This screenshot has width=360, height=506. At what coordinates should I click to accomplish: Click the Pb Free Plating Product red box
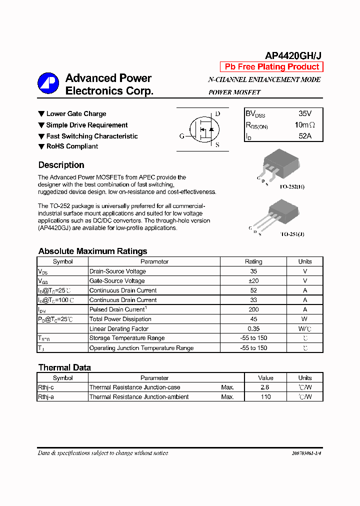click(271, 67)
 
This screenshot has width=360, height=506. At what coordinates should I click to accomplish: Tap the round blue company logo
click(48, 83)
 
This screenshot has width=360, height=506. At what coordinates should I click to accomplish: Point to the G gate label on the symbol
click(181, 136)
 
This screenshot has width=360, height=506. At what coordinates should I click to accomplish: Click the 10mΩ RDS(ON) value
click(304, 125)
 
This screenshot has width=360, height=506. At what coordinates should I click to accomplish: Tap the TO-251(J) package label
click(292, 234)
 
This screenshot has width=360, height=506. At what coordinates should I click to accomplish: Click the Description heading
click(61, 165)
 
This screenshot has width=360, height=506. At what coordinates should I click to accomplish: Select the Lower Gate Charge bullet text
click(76, 114)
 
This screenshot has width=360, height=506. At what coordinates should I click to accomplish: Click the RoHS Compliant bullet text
click(72, 146)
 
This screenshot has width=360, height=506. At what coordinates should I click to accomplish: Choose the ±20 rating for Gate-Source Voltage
click(253, 281)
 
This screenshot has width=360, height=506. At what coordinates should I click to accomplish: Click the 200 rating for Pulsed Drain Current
click(253, 309)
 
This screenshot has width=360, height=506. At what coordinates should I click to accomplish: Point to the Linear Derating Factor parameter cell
click(119, 328)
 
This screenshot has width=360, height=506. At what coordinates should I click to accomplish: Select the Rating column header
click(253, 261)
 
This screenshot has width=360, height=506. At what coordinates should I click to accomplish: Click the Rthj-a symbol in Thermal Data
click(46, 397)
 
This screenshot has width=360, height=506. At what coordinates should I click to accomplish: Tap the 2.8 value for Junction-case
click(265, 387)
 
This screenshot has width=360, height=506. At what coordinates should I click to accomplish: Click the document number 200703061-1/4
click(306, 453)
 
